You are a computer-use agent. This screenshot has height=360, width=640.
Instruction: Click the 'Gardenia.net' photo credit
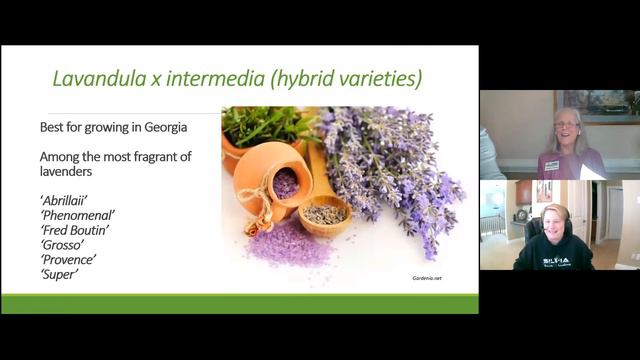coord(426,278)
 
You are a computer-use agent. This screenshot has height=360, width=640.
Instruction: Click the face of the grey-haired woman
coord(566,130)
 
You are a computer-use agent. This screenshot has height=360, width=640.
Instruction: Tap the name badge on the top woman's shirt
coord(551,165)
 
